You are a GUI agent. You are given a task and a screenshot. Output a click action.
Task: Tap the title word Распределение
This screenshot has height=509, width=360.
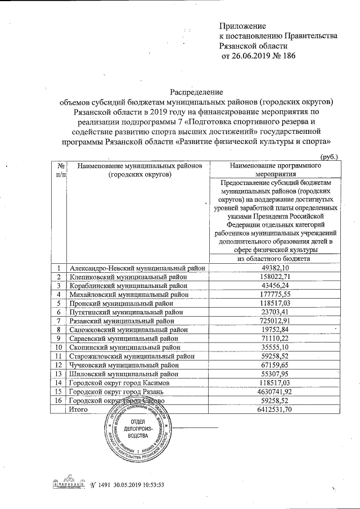coord(196,92)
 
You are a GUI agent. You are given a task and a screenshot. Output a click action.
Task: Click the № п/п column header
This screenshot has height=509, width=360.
coord(58,170)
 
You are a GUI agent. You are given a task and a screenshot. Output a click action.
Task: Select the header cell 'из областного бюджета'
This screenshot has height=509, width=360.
coord(273,258)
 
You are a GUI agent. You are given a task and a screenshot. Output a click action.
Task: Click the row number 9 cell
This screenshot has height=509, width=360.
coord(58,338)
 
